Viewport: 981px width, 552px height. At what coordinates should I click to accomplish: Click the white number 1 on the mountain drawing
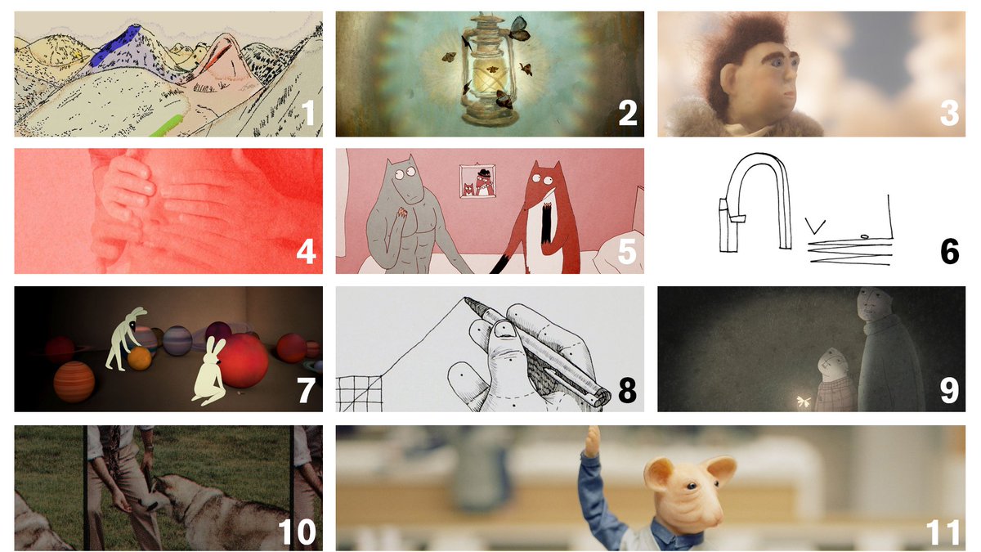point(309,113)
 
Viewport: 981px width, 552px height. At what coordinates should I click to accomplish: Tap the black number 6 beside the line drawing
point(949,252)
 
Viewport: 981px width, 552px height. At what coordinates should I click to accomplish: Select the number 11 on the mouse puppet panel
point(943,532)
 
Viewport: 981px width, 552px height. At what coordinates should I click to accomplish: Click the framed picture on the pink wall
point(477,181)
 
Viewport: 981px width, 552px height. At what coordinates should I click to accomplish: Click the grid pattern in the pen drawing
point(359,394)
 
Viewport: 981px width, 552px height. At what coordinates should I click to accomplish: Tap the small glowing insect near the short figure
point(803,401)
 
